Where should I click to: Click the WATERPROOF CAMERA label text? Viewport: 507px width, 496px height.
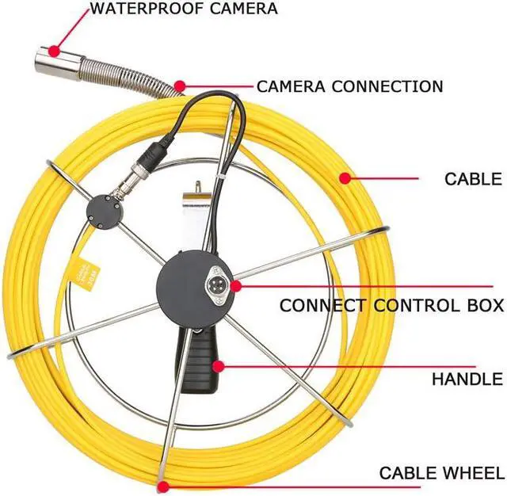[x=183, y=10]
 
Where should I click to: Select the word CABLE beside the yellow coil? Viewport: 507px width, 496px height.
[x=473, y=179]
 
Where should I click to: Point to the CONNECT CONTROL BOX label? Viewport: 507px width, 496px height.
[x=391, y=305]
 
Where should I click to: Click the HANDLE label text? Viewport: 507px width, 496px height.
[x=467, y=380]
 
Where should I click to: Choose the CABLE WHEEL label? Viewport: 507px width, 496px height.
[x=440, y=474]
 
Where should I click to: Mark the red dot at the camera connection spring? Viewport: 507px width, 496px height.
[x=181, y=85]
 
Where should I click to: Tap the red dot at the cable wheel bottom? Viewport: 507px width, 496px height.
[x=162, y=486]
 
